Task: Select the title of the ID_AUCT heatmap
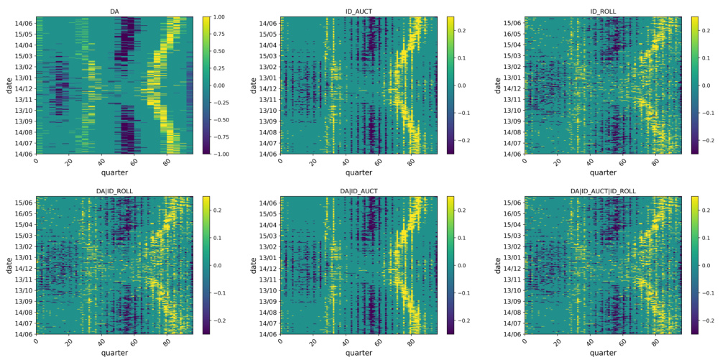click(358, 11)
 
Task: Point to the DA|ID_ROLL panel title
click(114, 191)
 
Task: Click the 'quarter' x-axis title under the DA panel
click(114, 172)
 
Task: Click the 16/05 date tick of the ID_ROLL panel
click(512, 34)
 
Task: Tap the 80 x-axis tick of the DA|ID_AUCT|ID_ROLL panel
click(655, 343)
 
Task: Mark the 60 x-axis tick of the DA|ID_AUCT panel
click(378, 343)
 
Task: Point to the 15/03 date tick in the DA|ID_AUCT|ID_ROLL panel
click(512, 236)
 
